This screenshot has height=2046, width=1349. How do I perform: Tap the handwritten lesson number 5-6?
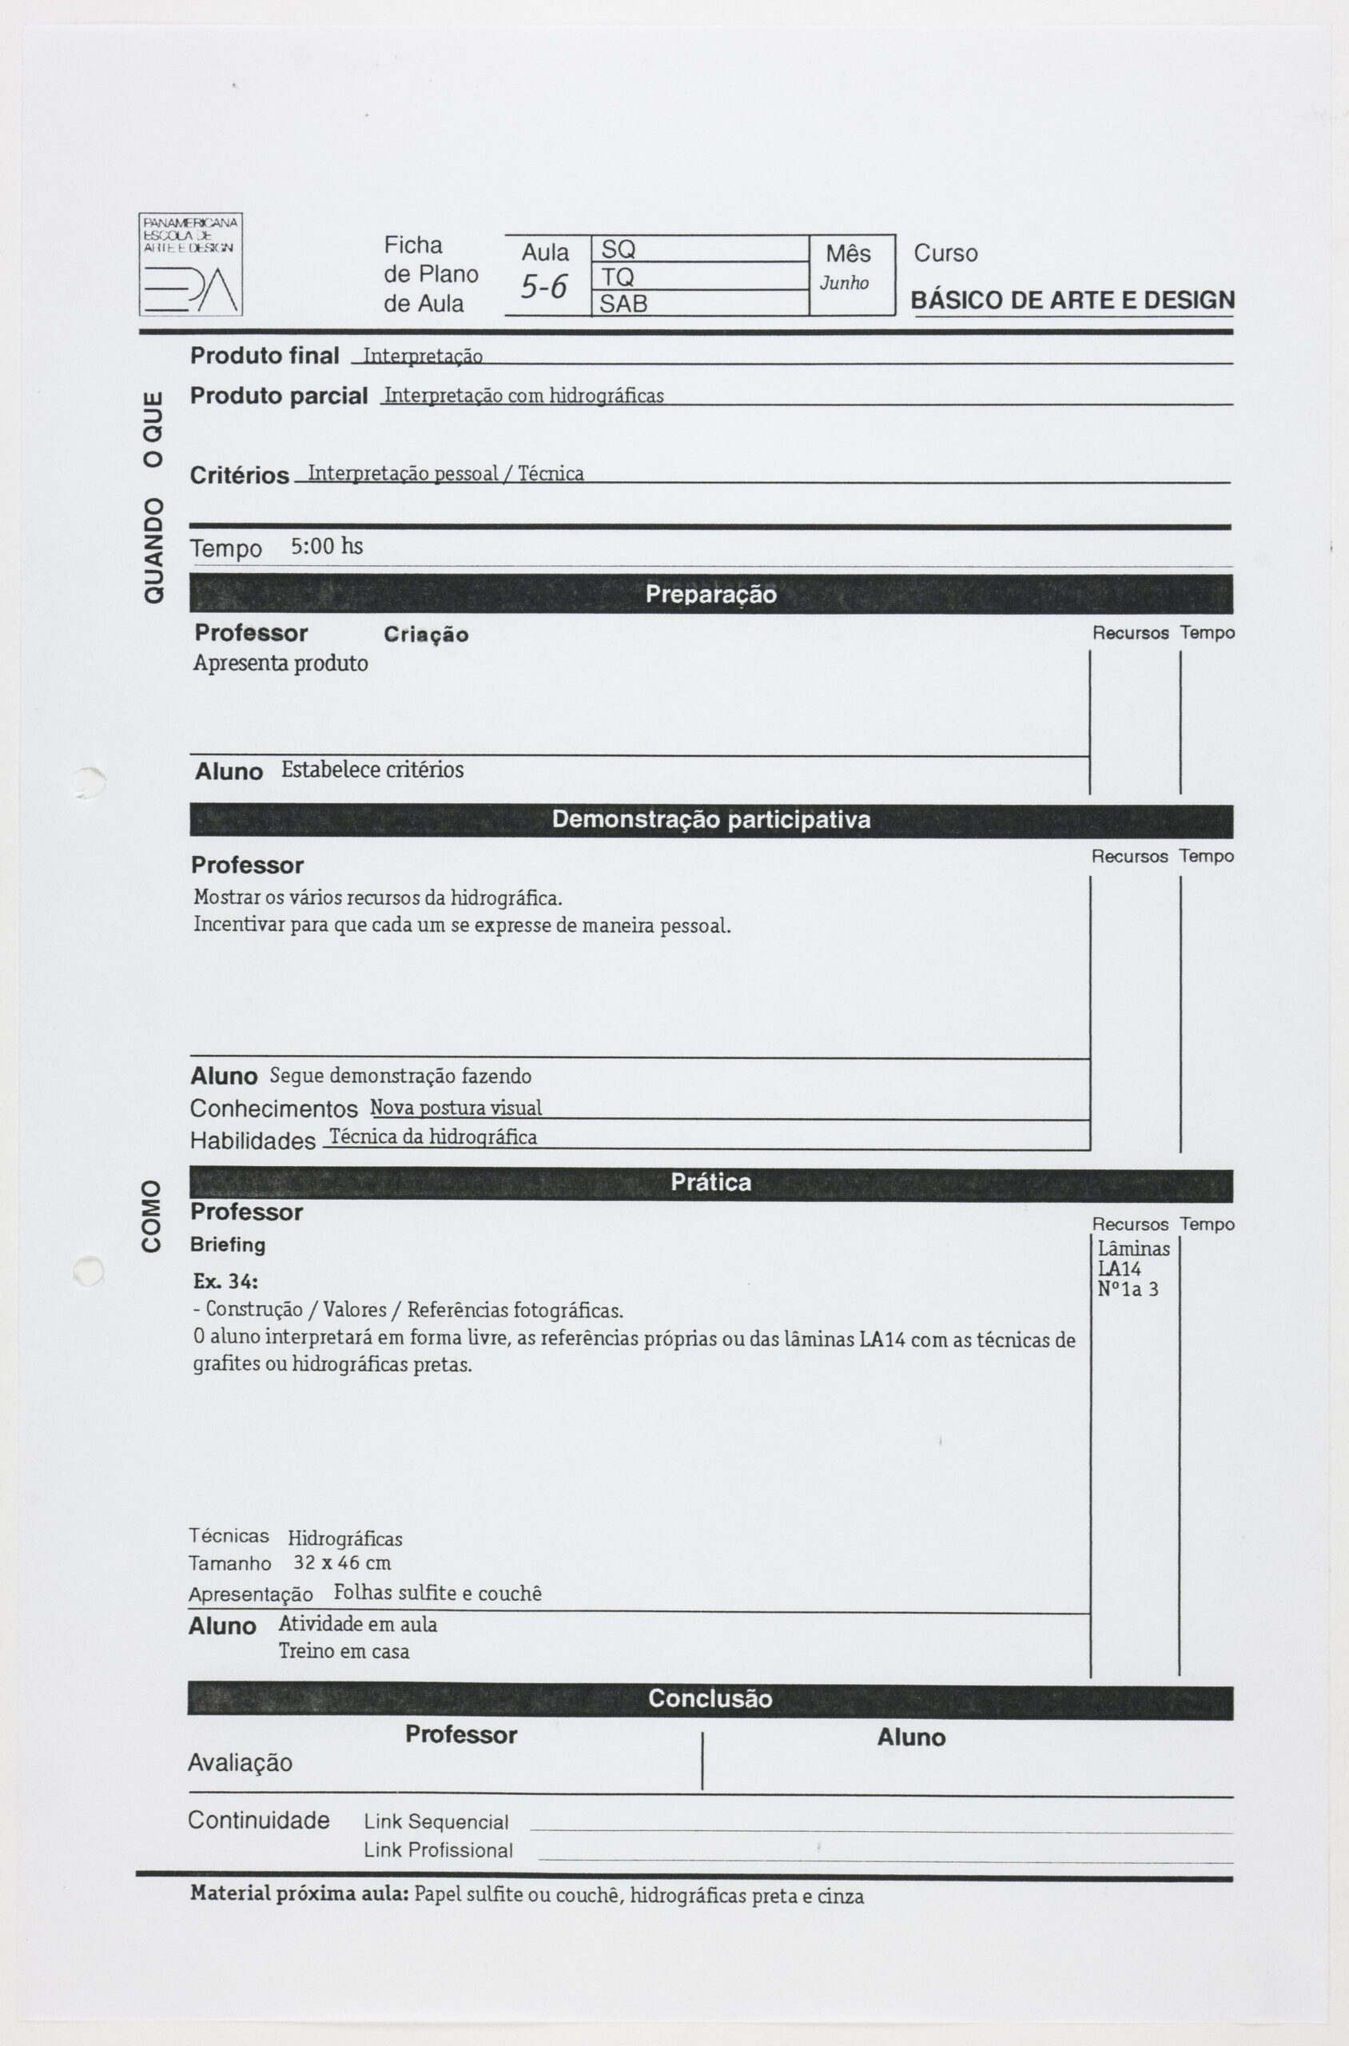click(543, 285)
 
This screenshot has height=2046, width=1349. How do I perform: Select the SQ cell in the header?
click(699, 249)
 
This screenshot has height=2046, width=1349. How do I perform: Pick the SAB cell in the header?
click(699, 304)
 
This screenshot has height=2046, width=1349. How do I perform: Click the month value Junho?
click(844, 283)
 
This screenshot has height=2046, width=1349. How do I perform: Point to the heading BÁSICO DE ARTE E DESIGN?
click(1072, 301)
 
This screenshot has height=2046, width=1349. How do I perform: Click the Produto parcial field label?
click(279, 396)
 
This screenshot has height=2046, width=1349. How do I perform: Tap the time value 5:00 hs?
click(327, 547)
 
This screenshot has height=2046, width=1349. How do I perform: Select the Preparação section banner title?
click(710, 595)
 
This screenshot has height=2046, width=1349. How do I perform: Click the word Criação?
click(426, 635)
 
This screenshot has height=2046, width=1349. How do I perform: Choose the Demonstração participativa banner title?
click(710, 820)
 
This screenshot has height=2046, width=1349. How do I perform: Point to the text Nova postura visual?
click(456, 1108)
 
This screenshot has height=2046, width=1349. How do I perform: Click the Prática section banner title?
click(710, 1183)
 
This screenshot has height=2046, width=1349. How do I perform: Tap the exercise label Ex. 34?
click(225, 1281)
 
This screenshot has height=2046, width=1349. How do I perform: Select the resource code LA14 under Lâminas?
click(1120, 1268)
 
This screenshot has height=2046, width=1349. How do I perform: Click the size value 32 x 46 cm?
click(342, 1562)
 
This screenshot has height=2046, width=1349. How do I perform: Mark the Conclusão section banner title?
click(710, 1698)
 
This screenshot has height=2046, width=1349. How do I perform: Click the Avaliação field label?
click(240, 1763)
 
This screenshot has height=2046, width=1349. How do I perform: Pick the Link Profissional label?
click(438, 1850)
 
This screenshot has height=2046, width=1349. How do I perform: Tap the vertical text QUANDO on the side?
click(153, 550)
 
